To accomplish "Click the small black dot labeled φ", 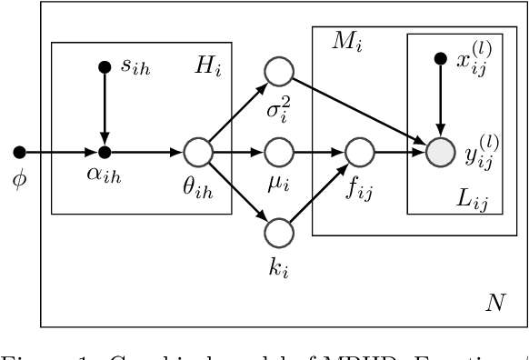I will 18,151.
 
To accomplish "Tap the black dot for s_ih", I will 105,65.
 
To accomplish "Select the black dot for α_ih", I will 105,151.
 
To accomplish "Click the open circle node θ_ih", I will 197,151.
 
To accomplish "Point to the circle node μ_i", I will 279,151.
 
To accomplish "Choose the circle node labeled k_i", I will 279,233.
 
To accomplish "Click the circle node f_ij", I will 360,151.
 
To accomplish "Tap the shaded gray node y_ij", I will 440,151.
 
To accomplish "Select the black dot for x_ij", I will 440,60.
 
